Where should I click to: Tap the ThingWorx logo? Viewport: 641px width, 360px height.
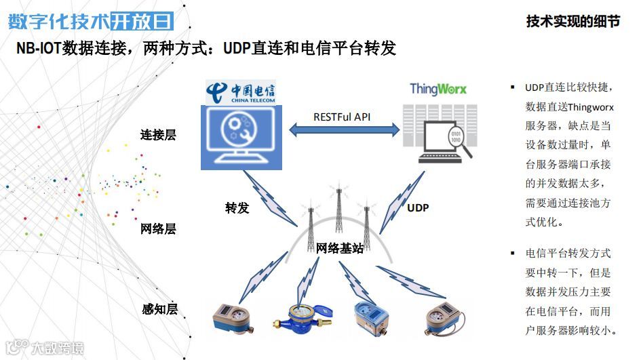click(x=438, y=89)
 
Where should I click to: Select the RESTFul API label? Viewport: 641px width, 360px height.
click(x=342, y=117)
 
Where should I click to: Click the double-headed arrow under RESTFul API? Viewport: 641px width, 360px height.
click(x=345, y=130)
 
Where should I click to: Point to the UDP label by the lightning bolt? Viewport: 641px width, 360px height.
click(x=418, y=208)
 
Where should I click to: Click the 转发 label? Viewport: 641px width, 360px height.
click(x=237, y=207)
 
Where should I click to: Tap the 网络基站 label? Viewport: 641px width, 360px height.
click(x=340, y=247)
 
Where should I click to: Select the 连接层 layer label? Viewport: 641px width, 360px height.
click(x=158, y=134)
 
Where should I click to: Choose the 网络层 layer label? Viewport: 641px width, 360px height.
click(x=158, y=228)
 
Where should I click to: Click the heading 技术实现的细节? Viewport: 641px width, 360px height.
click(x=573, y=22)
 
